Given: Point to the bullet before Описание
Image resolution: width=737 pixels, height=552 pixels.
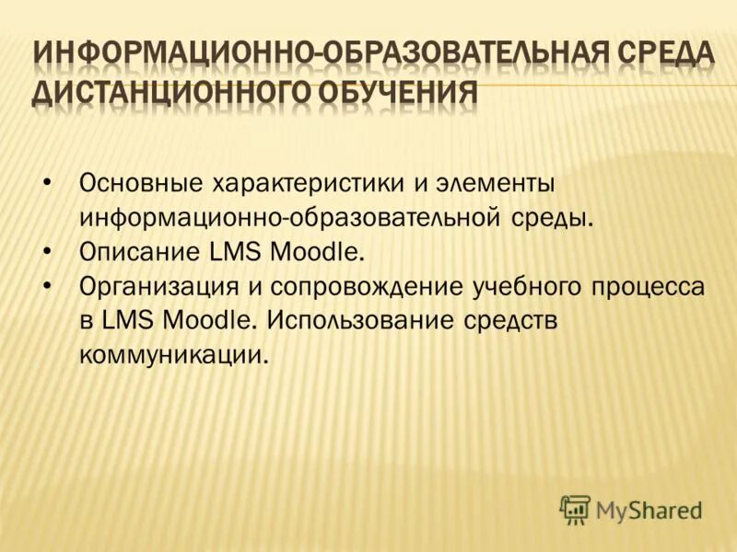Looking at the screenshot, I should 48,251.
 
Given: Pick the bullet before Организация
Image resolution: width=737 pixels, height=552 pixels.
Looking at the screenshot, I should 48,286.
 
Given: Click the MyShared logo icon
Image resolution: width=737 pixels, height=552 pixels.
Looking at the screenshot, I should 575,507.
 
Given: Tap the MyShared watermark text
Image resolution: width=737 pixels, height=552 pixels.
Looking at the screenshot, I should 649,509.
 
